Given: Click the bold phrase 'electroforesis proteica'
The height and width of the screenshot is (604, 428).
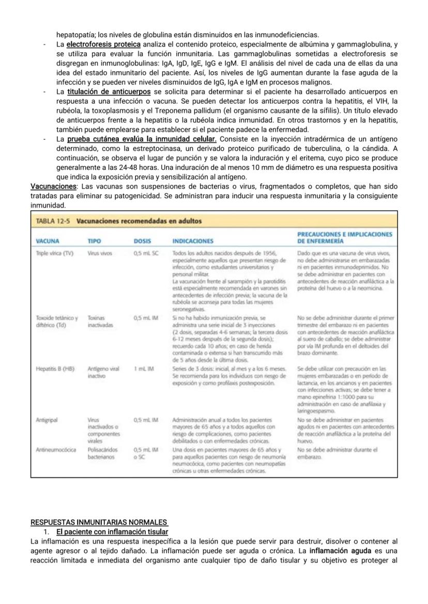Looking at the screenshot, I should pos(103,45).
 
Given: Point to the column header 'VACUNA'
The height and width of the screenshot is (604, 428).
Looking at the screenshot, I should pos(48,241).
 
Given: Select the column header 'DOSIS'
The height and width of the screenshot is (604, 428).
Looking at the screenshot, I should pos(142,241).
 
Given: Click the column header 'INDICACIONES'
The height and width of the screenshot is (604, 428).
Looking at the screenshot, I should pos(193,241).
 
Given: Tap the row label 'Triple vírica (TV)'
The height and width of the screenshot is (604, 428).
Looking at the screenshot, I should pos(55,253).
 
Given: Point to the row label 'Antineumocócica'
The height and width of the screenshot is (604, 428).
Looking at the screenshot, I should pos(53,450).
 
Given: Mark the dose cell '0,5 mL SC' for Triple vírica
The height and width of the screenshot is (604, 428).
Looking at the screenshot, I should pos(146,253).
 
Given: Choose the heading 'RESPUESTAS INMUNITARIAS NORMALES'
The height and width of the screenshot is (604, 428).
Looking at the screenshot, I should pos(99,522).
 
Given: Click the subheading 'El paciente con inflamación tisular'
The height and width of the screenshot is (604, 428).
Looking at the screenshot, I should pos(112,532).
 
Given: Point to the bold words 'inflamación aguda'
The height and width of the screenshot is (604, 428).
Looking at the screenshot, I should pos(339,550).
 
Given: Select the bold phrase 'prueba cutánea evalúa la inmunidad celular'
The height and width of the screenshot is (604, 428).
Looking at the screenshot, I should pos(142,139).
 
